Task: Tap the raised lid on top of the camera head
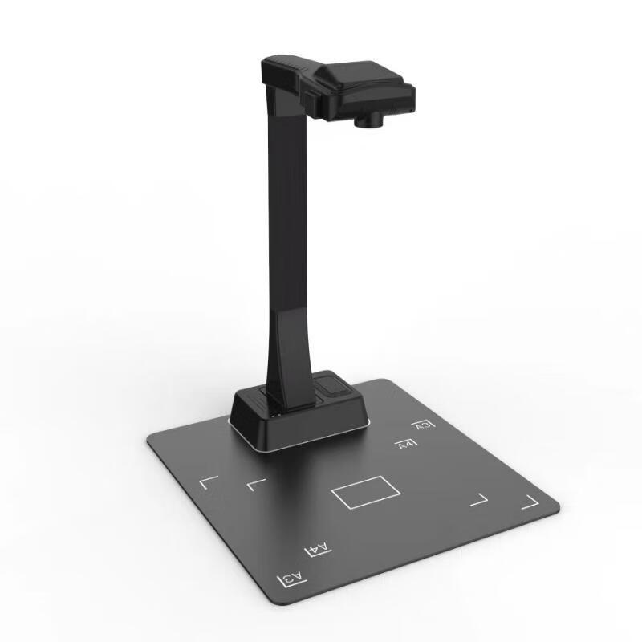pos(357,74)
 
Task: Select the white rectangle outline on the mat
pos(365,492)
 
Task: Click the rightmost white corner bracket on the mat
pos(529,502)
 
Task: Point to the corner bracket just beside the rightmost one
pos(479,499)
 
